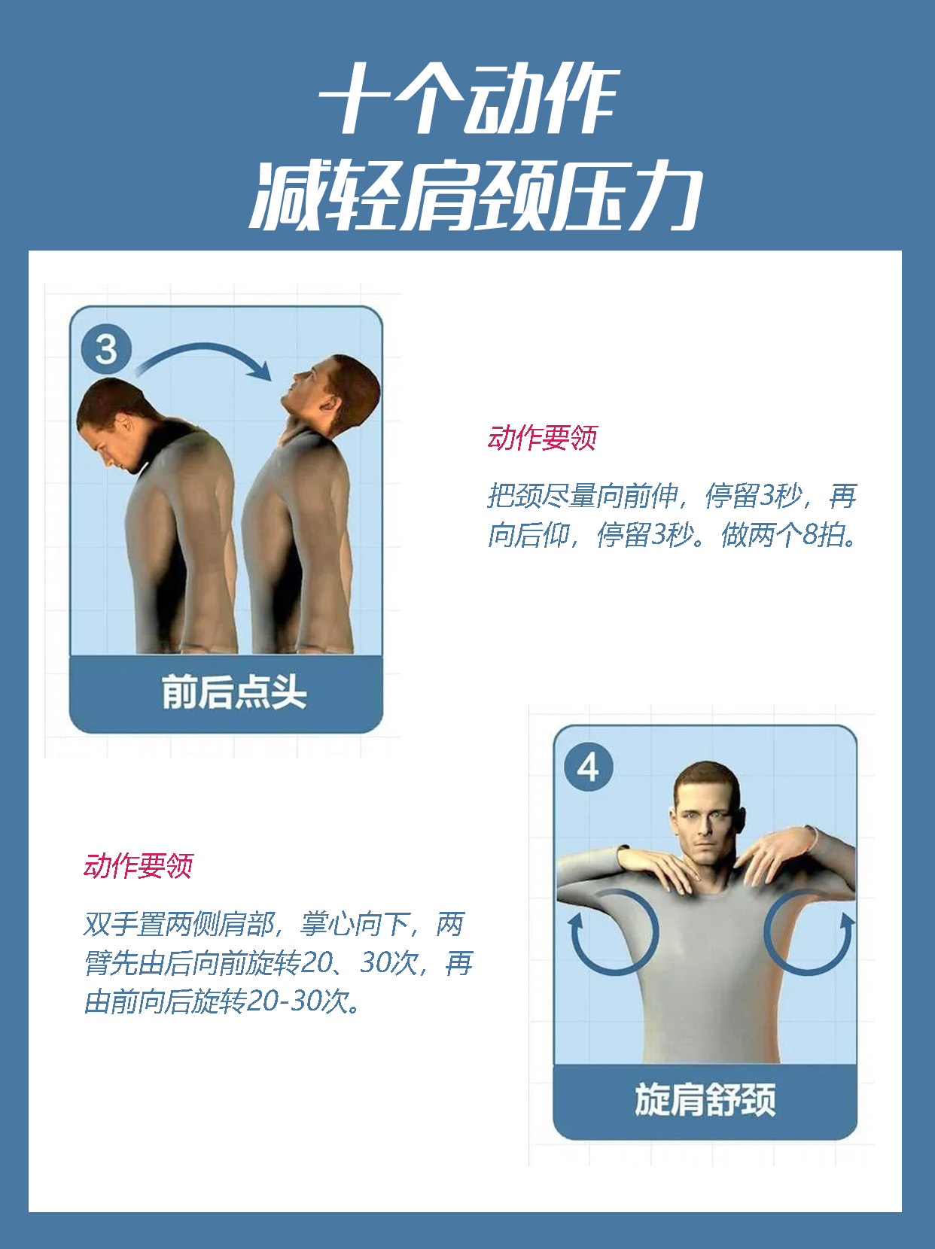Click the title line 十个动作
click(467, 102)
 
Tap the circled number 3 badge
click(106, 349)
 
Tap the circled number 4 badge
click(588, 767)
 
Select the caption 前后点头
click(233, 692)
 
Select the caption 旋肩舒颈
click(705, 1100)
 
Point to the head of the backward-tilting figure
click(335, 391)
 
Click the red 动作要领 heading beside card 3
click(542, 438)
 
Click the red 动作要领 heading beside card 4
click(138, 866)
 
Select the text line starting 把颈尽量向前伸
click(672, 496)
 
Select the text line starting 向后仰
click(672, 535)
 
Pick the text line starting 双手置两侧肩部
click(274, 924)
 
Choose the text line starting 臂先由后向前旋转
click(279, 963)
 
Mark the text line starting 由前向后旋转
click(223, 1002)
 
